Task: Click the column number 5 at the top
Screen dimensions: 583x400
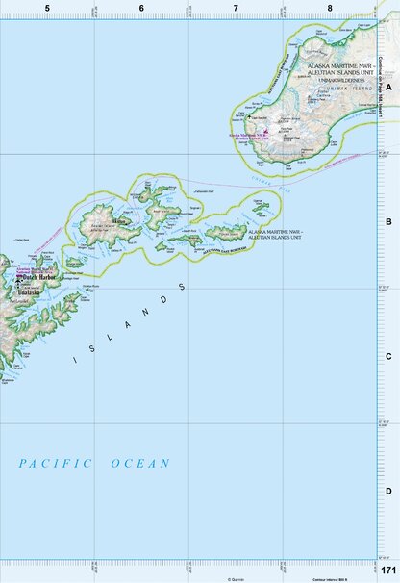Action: click(46, 8)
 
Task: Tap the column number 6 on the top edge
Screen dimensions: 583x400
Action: click(141, 8)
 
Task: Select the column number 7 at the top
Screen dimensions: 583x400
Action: click(236, 8)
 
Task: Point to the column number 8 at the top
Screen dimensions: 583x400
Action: click(330, 8)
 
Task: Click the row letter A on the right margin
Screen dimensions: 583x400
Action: click(388, 86)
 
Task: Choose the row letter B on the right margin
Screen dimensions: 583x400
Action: click(388, 221)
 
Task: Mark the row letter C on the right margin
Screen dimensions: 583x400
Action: click(388, 356)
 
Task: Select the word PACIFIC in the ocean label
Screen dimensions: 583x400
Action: click(56, 464)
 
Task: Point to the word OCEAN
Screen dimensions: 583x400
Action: click(140, 464)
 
